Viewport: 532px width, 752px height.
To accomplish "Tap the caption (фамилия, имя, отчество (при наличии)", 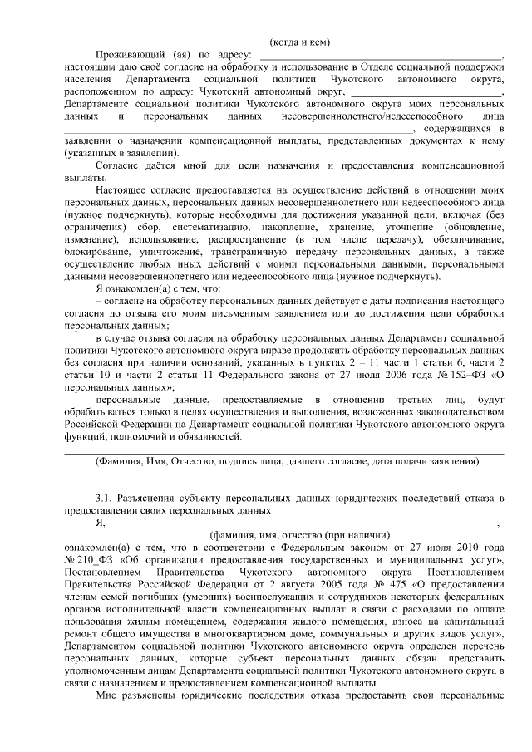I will click(299, 535).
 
